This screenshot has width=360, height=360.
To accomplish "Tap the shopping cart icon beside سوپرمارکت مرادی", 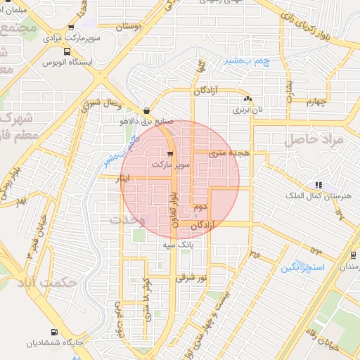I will pyautogui.click(x=71, y=27).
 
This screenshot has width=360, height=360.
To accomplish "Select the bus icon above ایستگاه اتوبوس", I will pyautogui.click(x=67, y=51).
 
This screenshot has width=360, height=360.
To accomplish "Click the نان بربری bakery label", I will pyautogui.click(x=242, y=110).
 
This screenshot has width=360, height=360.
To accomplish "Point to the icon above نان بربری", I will pyautogui.click(x=248, y=99).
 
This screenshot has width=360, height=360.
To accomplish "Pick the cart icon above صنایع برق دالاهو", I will pyautogui.click(x=146, y=110).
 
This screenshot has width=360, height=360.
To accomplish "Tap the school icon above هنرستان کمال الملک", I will pyautogui.click(x=319, y=185).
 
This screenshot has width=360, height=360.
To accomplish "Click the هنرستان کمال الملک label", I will pyautogui.click(x=309, y=195).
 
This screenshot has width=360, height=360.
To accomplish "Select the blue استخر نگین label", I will pyautogui.click(x=302, y=268).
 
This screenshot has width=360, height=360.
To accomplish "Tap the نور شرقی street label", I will pyautogui.click(x=193, y=278).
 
